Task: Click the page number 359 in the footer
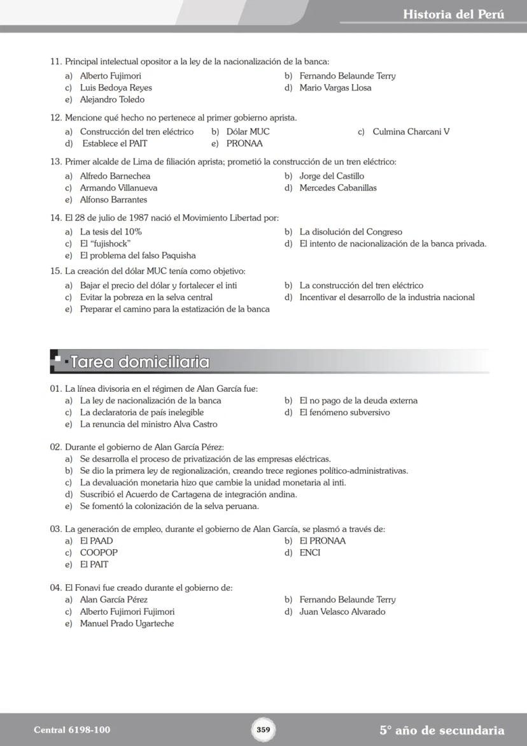263,729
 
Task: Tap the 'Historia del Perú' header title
453,14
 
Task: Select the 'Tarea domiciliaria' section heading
140,362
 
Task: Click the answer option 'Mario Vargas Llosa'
335,88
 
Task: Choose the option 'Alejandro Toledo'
112,100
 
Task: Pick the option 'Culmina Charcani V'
411,132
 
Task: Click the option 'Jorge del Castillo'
332,176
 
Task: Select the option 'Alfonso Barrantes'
113,200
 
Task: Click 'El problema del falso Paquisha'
137,256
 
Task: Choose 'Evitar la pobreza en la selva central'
146,298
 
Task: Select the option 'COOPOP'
99,553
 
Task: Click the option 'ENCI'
310,553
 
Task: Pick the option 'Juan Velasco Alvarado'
342,612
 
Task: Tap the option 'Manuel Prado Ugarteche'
127,624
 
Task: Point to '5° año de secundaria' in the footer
442,731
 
